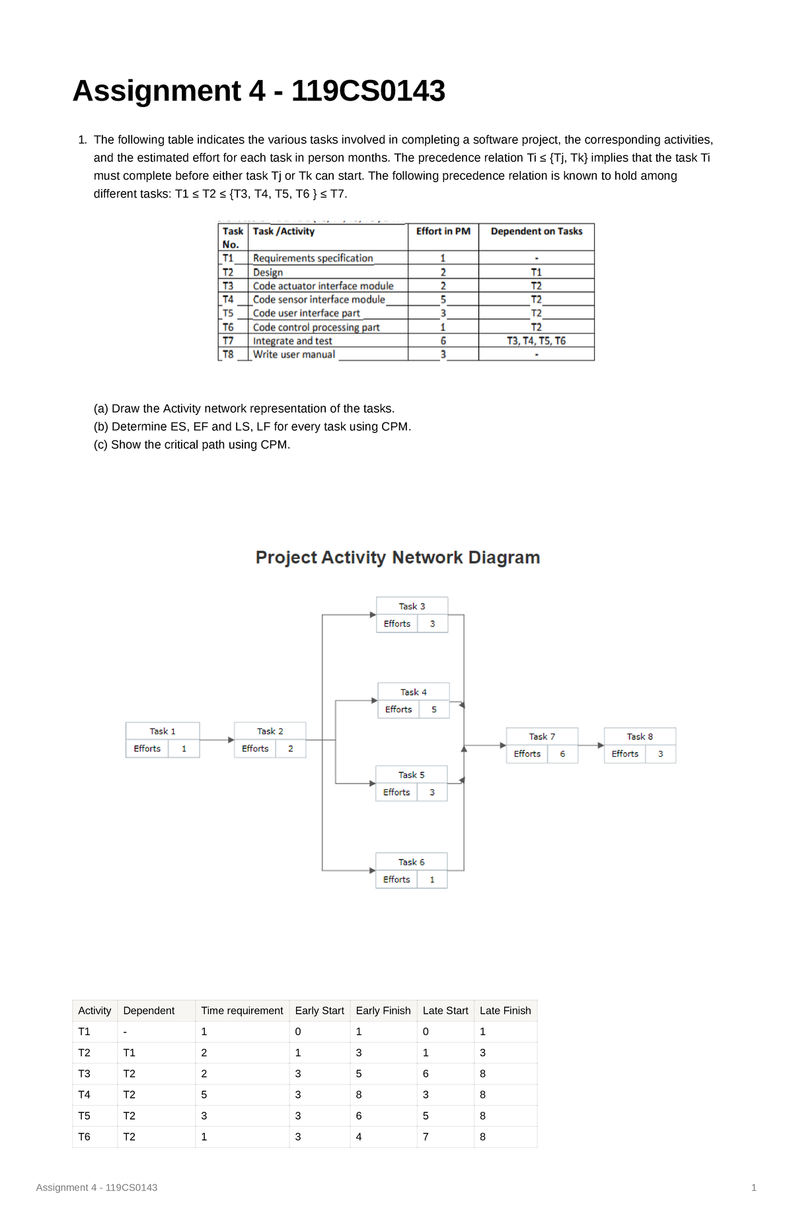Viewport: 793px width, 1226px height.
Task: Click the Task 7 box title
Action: pyautogui.click(x=542, y=736)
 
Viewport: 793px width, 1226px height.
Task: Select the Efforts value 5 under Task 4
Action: pyautogui.click(x=434, y=709)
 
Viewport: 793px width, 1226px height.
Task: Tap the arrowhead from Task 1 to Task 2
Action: pyautogui.click(x=231, y=740)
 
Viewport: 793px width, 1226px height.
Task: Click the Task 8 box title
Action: pyautogui.click(x=640, y=736)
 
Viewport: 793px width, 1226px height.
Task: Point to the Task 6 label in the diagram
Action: pyautogui.click(x=411, y=862)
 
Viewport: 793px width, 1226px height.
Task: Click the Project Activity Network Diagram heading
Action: pyautogui.click(x=398, y=557)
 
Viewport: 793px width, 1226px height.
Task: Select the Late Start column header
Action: pyautogui.click(x=445, y=1011)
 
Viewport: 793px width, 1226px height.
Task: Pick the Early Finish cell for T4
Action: pyautogui.click(x=359, y=1094)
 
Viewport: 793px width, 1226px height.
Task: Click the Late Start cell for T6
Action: pyautogui.click(x=426, y=1137)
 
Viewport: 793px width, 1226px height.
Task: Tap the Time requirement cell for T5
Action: pyautogui.click(x=204, y=1116)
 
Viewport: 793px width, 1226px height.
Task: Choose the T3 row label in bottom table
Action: pyautogui.click(x=84, y=1073)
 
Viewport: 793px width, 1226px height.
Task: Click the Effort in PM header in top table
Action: pyautogui.click(x=443, y=231)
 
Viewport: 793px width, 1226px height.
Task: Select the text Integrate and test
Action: pyautogui.click(x=292, y=341)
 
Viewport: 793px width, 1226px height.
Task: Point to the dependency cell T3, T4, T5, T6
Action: pyautogui.click(x=536, y=341)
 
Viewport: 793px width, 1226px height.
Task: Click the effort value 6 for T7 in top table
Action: pyautogui.click(x=443, y=341)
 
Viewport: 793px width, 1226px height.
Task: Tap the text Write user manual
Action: pyautogui.click(x=294, y=355)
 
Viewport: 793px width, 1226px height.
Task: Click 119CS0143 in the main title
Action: pyautogui.click(x=368, y=91)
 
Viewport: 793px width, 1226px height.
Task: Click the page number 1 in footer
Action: pyautogui.click(x=753, y=1188)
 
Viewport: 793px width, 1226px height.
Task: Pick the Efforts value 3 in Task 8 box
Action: pyautogui.click(x=660, y=753)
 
